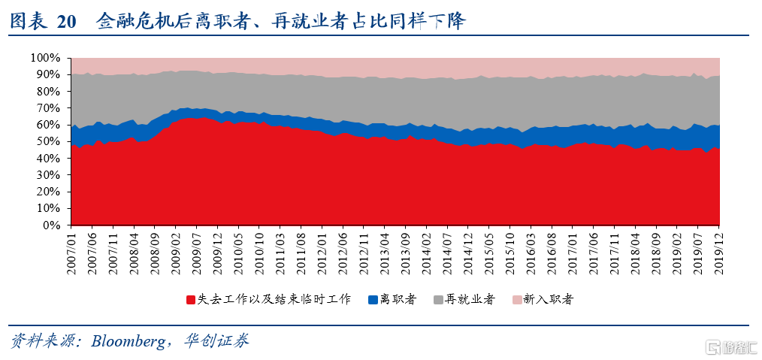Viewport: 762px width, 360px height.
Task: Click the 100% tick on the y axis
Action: coord(44,58)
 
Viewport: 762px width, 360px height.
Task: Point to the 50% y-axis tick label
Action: coord(47,141)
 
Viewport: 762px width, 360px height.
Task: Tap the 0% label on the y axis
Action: coord(50,225)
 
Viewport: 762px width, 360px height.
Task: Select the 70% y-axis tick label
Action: coord(47,108)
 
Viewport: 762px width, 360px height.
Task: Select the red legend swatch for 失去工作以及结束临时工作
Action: coord(192,300)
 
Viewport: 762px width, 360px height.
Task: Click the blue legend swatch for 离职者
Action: coord(372,300)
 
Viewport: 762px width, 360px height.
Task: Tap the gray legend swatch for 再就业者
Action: coord(439,300)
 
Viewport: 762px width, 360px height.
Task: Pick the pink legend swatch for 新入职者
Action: coord(516,300)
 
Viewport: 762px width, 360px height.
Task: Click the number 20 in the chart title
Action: coord(66,22)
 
